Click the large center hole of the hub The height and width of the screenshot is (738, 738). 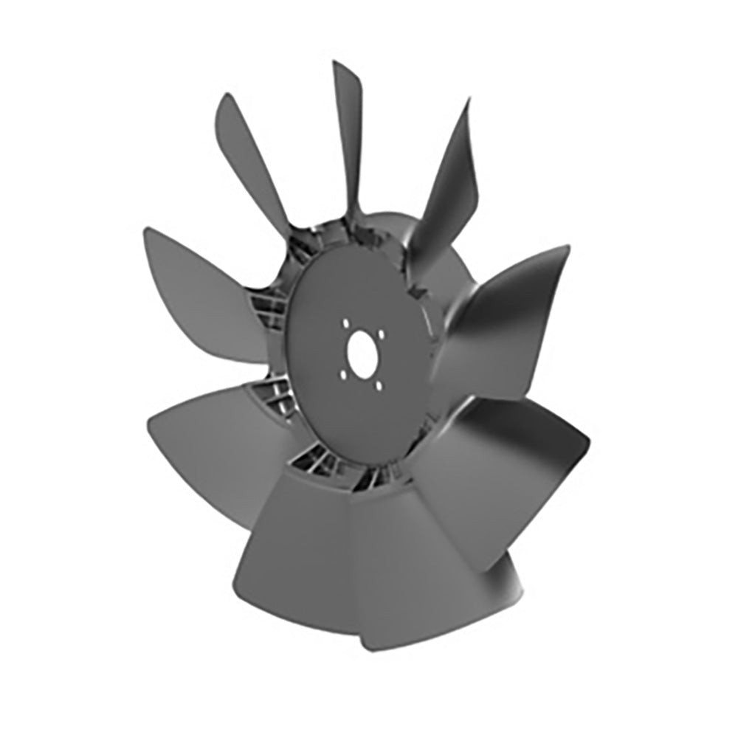[x=362, y=353]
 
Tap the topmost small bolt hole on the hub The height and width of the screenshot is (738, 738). [x=345, y=323]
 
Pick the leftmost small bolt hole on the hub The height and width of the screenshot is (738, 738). [x=341, y=373]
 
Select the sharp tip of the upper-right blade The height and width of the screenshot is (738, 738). [x=468, y=102]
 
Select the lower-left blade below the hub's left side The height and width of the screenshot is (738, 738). [x=214, y=443]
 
